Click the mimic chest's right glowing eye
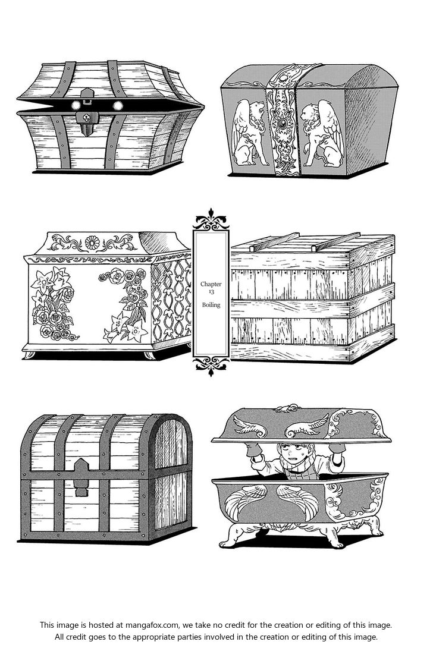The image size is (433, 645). pyautogui.click(x=118, y=105)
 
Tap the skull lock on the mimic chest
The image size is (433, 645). pyautogui.click(x=86, y=118)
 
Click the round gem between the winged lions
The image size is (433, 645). pyautogui.click(x=282, y=123)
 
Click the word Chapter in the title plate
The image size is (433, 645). pyautogui.click(x=211, y=284)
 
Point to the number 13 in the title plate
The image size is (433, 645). pyautogui.click(x=211, y=292)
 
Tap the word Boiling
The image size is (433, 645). pyautogui.click(x=211, y=305)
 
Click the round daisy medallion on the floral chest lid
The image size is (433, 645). pyautogui.click(x=92, y=243)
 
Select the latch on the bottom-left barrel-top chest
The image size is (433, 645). pyautogui.click(x=81, y=477)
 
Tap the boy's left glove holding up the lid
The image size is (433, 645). pyautogui.click(x=254, y=450)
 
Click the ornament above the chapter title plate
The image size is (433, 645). pyautogui.click(x=211, y=219)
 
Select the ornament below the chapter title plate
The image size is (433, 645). pyautogui.click(x=211, y=366)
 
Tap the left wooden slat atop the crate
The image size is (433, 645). pyautogui.click(x=275, y=242)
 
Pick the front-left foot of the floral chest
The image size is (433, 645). pyautogui.click(x=30, y=354)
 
